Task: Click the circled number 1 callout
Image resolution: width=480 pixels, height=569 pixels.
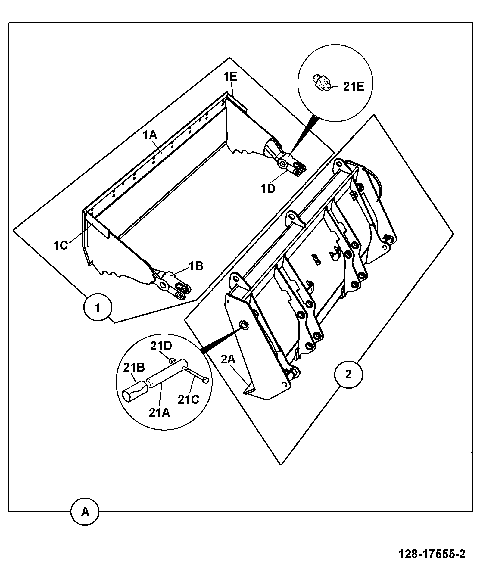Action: click(x=98, y=308)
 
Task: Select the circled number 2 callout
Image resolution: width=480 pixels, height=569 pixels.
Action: click(x=348, y=375)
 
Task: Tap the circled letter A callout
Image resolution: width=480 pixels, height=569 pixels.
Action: click(x=85, y=511)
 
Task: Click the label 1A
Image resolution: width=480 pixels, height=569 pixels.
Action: click(x=150, y=135)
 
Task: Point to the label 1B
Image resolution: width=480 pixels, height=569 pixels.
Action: click(x=196, y=266)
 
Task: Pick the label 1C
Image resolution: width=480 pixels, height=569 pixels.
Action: click(x=61, y=246)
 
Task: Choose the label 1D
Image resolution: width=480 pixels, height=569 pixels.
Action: click(x=268, y=189)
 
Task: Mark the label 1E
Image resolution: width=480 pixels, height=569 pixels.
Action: click(x=230, y=77)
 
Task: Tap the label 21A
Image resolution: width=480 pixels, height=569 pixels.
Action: click(x=159, y=412)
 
